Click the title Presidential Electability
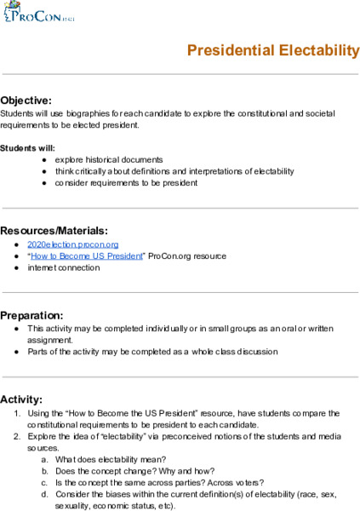click(x=272, y=51)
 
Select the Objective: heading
click(x=26, y=100)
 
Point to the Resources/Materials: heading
click(x=54, y=231)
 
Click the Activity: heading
click(x=21, y=399)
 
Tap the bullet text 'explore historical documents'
click(x=109, y=159)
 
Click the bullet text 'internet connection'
click(x=63, y=267)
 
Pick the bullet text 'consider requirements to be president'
click(x=126, y=182)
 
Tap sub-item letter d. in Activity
click(x=44, y=494)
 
